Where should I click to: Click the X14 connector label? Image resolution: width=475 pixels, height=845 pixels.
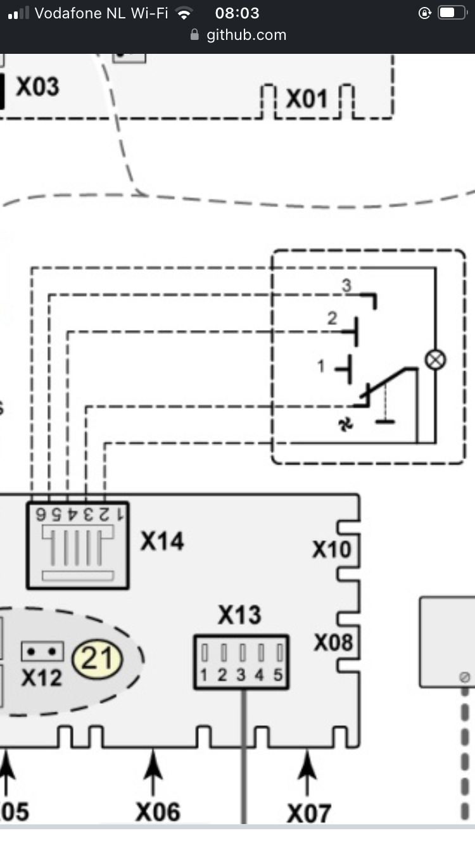pyautogui.click(x=162, y=542)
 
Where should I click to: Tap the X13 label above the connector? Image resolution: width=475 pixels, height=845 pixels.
pyautogui.click(x=239, y=614)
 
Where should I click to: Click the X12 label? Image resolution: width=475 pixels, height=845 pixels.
pyautogui.click(x=42, y=678)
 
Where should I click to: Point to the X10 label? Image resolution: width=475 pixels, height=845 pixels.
pyautogui.click(x=331, y=549)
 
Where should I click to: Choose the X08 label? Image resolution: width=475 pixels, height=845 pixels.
pyautogui.click(x=333, y=643)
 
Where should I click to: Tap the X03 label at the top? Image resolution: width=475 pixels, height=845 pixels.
pyautogui.click(x=37, y=87)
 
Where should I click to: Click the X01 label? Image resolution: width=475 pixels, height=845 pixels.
pyautogui.click(x=307, y=99)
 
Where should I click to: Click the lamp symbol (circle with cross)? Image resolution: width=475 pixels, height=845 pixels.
pyautogui.click(x=434, y=360)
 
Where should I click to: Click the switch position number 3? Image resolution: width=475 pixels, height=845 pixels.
pyautogui.click(x=346, y=286)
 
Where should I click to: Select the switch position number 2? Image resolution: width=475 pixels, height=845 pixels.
pyautogui.click(x=332, y=319)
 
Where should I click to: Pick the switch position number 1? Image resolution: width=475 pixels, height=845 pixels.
pyautogui.click(x=321, y=365)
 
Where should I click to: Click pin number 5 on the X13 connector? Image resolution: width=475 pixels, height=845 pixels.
pyautogui.click(x=278, y=675)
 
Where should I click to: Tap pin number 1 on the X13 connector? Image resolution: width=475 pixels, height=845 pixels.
pyautogui.click(x=204, y=675)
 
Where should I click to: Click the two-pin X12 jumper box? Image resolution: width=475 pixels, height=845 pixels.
pyautogui.click(x=42, y=651)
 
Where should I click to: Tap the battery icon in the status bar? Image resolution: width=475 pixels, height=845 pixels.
pyautogui.click(x=452, y=13)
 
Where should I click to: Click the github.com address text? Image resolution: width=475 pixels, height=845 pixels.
pyautogui.click(x=246, y=35)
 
